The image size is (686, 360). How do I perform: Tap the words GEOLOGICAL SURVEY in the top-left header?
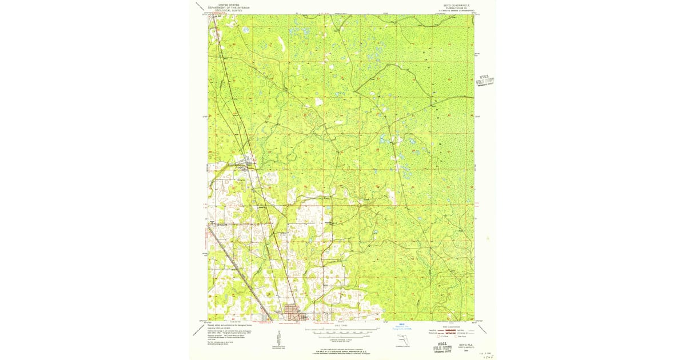[x=229, y=10]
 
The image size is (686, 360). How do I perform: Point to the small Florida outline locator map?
[x=401, y=342]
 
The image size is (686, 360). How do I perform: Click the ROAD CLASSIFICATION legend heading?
[x=452, y=326]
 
